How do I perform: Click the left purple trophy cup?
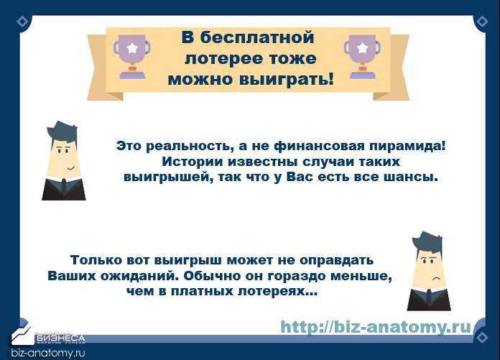(x=131, y=57)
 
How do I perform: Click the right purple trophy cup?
(x=362, y=57)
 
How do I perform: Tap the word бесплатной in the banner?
(x=257, y=38)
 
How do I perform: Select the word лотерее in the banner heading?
(x=224, y=59)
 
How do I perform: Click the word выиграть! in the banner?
(x=287, y=79)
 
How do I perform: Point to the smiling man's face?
(x=64, y=158)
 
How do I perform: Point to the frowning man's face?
(x=429, y=269)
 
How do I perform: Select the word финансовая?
(x=319, y=146)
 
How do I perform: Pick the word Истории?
(x=193, y=162)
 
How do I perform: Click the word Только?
(x=96, y=260)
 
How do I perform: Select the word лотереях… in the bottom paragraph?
(x=278, y=291)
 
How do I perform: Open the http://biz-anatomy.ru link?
(x=376, y=327)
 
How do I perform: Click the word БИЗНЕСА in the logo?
(x=60, y=338)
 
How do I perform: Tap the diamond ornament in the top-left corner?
(x=22, y=22)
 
